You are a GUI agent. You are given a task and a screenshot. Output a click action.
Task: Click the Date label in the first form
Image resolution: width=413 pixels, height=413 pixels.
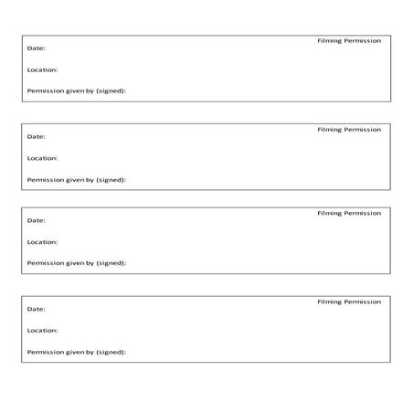pos(37,48)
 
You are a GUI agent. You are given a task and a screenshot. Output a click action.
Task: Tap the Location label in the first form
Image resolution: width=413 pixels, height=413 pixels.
pos(43,69)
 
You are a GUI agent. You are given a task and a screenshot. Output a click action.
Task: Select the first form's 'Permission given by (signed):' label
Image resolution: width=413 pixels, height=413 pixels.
pos(77,91)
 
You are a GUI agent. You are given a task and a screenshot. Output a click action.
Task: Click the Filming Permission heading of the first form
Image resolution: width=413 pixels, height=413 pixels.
pos(349,41)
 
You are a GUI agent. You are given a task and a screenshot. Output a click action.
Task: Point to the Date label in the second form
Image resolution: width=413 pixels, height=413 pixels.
pos(37,136)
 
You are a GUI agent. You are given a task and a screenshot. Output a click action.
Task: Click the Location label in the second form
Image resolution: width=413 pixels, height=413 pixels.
pos(43,158)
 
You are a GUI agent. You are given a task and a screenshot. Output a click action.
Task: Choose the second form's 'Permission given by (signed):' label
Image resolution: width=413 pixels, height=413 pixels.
pos(77,180)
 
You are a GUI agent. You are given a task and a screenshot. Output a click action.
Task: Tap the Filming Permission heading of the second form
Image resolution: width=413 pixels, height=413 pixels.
pos(349,130)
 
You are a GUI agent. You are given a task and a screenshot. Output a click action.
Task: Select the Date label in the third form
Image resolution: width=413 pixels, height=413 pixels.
pos(37,220)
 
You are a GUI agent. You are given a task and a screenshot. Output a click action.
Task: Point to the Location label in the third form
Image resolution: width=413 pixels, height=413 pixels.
pos(43,242)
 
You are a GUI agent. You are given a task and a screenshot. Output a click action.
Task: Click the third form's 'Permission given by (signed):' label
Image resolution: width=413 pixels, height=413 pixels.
pos(77,263)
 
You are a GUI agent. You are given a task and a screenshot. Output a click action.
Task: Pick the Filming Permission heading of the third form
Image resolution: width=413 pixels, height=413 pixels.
pos(349,213)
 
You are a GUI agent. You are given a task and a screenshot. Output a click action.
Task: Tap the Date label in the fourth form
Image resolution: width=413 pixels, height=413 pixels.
pos(37,309)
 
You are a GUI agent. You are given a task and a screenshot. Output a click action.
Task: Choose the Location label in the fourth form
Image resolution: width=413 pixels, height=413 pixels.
pos(43,331)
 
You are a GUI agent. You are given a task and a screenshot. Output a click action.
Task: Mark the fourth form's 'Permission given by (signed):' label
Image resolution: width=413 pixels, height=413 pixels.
pos(77,352)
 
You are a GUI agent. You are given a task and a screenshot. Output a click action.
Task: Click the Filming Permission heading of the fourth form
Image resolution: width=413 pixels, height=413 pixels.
pos(349,302)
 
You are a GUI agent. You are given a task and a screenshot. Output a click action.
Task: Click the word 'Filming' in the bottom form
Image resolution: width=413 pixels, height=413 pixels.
pos(329,302)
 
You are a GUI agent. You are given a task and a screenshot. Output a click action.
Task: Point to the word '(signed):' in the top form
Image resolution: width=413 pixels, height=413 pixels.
pos(111,91)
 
